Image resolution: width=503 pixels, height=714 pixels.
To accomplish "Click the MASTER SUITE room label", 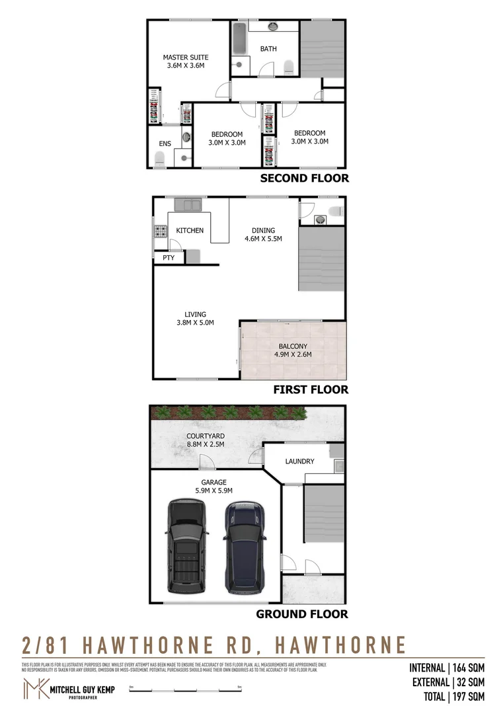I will [185, 58].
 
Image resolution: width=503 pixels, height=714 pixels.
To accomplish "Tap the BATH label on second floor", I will [268, 49].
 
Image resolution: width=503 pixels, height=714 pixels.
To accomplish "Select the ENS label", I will [165, 143].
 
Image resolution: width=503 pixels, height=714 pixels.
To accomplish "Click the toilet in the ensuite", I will [159, 159].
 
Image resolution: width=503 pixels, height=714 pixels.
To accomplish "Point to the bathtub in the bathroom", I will [239, 41].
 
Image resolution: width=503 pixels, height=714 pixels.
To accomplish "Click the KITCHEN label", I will [190, 231].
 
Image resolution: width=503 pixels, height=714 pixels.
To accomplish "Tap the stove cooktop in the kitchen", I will [160, 231].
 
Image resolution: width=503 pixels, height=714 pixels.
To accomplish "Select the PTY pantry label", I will [169, 258].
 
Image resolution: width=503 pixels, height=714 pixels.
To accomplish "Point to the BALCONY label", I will [293, 346].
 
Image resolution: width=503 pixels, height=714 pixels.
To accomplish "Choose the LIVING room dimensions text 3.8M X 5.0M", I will [196, 323].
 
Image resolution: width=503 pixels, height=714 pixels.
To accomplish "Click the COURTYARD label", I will [205, 436].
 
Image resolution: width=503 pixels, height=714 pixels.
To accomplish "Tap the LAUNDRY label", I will [299, 461].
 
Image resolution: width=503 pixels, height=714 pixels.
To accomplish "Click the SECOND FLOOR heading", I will [304, 178].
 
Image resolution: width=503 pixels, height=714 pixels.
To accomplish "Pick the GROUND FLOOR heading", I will [302, 614].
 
